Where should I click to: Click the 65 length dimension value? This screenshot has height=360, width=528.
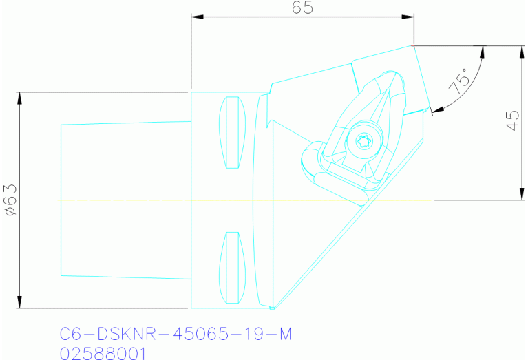[302, 8]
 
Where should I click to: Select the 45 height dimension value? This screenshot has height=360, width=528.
[511, 123]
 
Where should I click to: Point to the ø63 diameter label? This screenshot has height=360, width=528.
[10, 200]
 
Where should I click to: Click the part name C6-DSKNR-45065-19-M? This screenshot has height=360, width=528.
[176, 335]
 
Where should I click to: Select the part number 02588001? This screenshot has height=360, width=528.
[103, 352]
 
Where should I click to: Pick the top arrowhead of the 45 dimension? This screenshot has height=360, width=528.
[518, 52]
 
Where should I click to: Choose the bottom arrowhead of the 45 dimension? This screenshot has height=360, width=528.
[518, 194]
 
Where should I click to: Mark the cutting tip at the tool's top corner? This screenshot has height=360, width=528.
[412, 46]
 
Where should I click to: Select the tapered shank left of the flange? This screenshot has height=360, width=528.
[124, 200]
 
